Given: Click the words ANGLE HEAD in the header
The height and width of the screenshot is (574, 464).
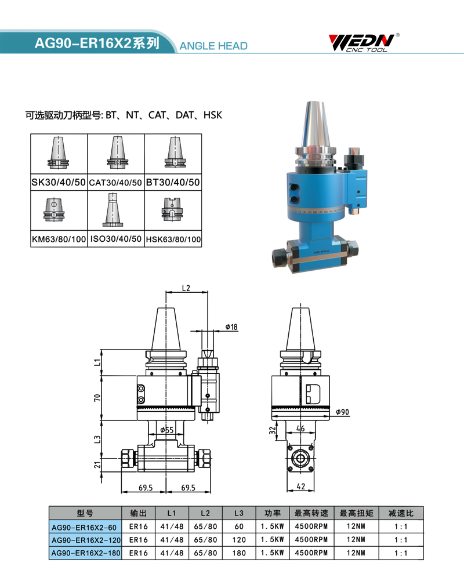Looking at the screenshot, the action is click(x=213, y=46).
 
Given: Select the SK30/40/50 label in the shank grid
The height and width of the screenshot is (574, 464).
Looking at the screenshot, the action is click(x=59, y=182).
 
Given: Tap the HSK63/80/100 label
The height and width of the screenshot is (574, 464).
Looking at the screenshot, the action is click(x=173, y=239).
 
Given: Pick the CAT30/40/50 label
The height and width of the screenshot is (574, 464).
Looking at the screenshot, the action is click(x=115, y=183).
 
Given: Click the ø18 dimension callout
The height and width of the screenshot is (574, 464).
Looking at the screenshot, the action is click(x=231, y=327).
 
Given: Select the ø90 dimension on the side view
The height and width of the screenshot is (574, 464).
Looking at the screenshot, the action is click(x=342, y=412).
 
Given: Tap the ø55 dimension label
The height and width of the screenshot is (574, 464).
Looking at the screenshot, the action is click(x=167, y=430).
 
